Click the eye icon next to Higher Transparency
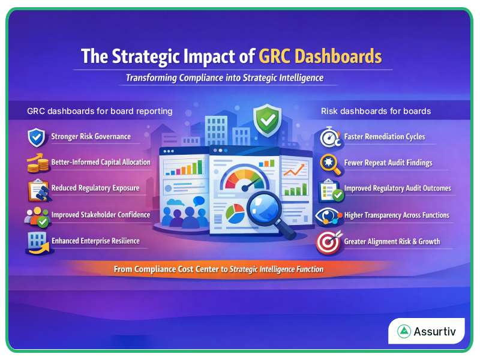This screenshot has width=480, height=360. [x=329, y=215]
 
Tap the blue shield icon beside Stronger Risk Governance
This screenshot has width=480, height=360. [x=37, y=137]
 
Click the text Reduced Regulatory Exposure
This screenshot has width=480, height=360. [x=95, y=188]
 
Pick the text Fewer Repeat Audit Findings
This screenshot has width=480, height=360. [x=388, y=163]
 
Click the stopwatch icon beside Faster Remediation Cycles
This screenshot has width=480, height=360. [x=329, y=137]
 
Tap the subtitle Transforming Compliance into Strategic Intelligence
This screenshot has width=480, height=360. [x=224, y=78]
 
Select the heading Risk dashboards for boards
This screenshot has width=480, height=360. [x=376, y=111]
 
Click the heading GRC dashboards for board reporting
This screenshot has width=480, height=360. [x=100, y=111]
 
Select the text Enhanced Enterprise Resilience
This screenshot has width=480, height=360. [x=95, y=241]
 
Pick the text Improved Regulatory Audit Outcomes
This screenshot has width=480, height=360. [x=397, y=188]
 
